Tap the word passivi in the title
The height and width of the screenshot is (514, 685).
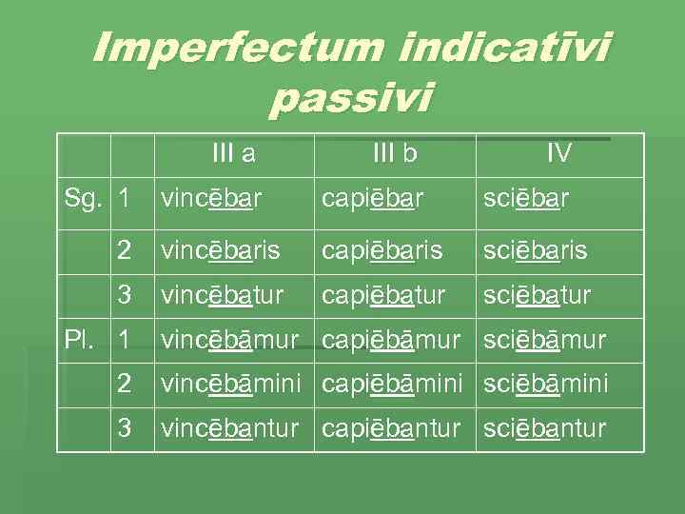pos(351,97)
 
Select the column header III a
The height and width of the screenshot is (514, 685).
pos(234,152)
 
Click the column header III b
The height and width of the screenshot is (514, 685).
pos(394,152)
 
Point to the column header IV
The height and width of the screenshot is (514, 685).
pos(558,152)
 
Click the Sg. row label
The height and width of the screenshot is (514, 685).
pos(84,199)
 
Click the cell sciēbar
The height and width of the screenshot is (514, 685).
pos(526,199)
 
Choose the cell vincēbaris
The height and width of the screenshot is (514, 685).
pos(221,251)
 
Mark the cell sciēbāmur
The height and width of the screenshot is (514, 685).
pos(544,339)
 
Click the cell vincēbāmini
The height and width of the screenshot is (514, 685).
pos(231,384)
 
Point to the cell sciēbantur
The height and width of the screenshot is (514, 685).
pos(544,428)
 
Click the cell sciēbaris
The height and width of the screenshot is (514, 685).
pos(536,251)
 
